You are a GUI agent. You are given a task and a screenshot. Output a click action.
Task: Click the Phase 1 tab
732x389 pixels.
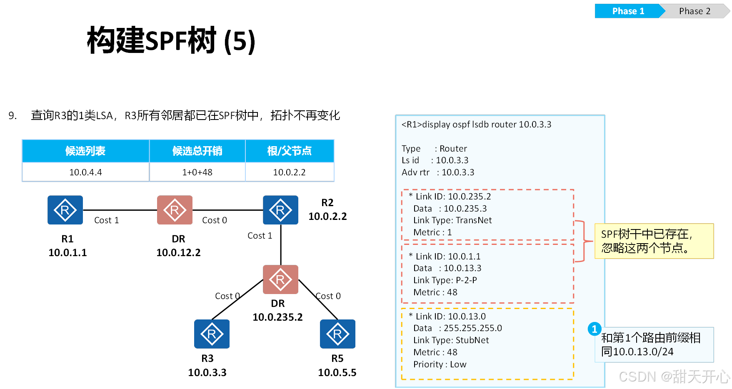[627, 11]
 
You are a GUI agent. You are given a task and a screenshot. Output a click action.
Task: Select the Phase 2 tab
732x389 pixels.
[695, 11]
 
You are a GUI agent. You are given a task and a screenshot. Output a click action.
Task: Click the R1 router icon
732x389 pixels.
[65, 210]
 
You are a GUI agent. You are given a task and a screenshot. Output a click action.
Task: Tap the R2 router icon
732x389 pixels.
[280, 210]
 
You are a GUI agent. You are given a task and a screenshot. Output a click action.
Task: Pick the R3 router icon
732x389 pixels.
[212, 334]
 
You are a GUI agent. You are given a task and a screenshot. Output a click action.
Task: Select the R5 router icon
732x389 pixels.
[337, 334]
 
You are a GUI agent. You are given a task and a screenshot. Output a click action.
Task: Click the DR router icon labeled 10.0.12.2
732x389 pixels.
[175, 210]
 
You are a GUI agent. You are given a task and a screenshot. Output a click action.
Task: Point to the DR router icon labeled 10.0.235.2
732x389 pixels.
[280, 279]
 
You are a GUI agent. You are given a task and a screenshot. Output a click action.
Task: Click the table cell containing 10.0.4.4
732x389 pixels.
[85, 172]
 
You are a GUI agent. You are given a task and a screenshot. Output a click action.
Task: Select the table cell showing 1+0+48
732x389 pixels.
[197, 172]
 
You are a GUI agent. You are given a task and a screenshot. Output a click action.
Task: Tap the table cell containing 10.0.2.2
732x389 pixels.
[289, 172]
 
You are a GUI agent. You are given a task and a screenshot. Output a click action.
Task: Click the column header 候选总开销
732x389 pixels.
[197, 151]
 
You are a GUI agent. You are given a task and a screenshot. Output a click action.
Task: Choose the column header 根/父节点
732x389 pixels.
[289, 151]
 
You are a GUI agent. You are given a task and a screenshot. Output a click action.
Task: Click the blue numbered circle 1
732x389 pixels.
[594, 329]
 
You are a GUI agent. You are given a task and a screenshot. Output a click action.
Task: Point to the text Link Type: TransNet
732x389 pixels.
[452, 220]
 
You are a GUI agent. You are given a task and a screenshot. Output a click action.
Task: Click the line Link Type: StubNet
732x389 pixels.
[451, 340]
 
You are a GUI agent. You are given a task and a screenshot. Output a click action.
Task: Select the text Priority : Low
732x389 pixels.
[440, 364]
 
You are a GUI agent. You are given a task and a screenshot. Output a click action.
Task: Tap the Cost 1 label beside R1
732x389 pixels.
[106, 220]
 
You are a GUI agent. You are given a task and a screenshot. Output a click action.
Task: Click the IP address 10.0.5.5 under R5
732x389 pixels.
[337, 372]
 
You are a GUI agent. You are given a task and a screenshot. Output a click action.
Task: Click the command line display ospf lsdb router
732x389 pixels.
[476, 125]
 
